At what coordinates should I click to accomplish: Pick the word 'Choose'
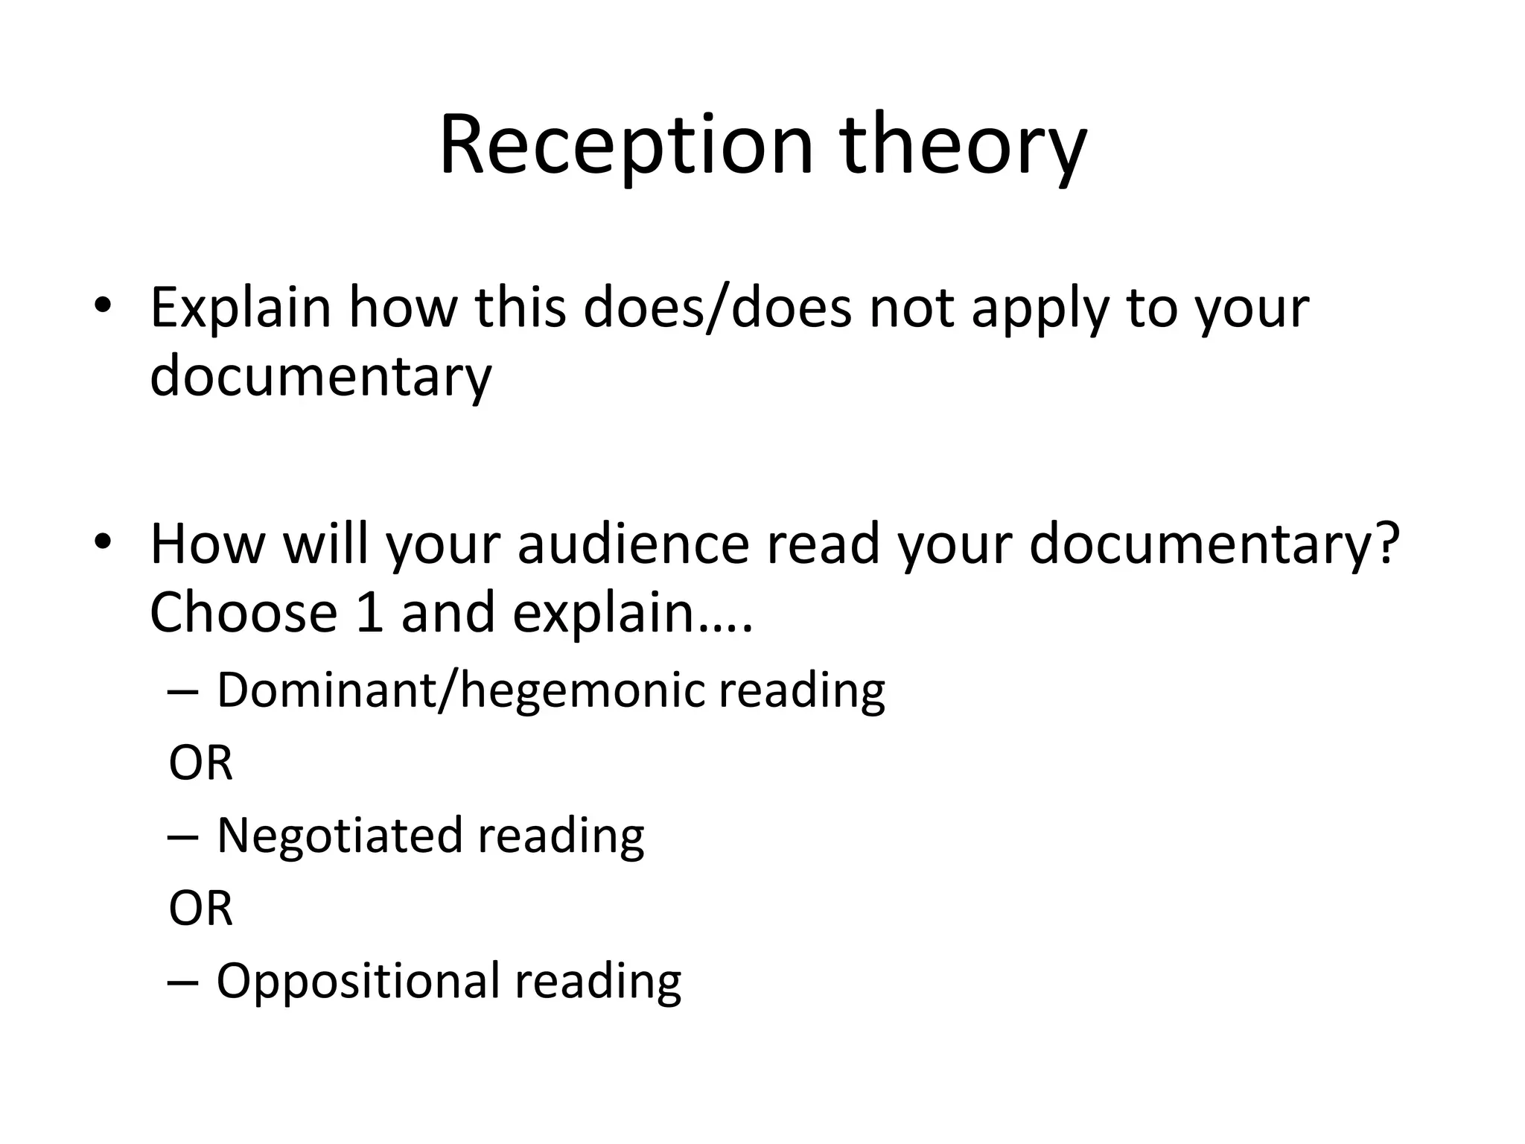243,612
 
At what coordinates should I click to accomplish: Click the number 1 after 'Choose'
369,612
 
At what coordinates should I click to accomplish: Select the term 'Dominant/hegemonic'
460,690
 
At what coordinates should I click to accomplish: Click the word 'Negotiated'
339,836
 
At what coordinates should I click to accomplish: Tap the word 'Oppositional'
357,981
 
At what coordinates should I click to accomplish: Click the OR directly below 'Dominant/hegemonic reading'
200,763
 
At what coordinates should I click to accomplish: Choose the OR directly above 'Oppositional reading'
200,909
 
